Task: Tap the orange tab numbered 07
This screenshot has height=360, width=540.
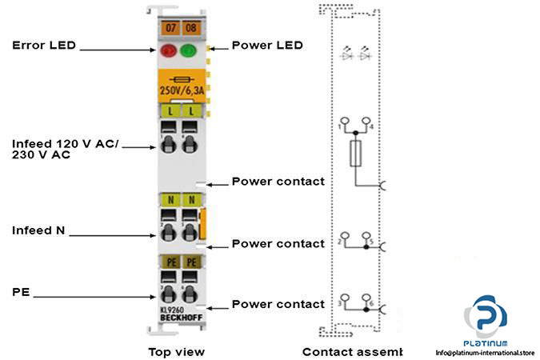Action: (169, 29)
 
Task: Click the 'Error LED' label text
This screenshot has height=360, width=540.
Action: (44, 45)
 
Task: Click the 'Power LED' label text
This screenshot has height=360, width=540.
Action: (267, 45)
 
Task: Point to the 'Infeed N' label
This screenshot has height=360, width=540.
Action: (38, 230)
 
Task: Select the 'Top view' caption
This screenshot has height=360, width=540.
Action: (176, 351)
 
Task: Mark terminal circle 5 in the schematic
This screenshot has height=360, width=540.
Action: (366, 237)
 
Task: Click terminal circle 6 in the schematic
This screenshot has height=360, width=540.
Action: (366, 298)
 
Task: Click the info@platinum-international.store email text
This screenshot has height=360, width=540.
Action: (484, 351)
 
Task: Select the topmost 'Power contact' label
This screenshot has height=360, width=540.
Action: (278, 181)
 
